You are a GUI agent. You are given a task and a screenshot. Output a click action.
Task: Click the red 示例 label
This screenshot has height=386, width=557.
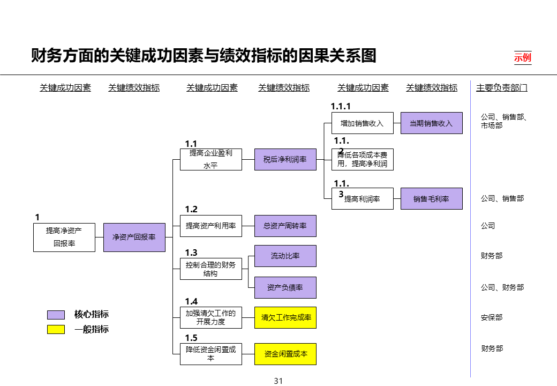click(523, 57)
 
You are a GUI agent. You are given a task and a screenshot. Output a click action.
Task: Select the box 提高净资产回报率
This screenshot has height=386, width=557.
click(64, 237)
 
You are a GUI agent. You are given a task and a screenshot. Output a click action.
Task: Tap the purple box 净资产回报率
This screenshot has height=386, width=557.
click(134, 237)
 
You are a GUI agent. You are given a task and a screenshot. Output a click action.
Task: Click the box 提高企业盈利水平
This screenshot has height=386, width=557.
click(210, 159)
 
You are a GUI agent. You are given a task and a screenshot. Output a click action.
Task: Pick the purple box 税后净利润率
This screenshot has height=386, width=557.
click(285, 159)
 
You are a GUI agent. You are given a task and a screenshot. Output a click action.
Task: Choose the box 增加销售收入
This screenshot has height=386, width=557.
click(362, 123)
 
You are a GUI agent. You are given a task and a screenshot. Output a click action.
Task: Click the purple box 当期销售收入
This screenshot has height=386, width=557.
click(431, 123)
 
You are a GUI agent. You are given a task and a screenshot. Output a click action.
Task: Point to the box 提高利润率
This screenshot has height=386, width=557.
click(362, 198)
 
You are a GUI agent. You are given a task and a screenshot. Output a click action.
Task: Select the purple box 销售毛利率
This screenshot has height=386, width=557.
click(431, 198)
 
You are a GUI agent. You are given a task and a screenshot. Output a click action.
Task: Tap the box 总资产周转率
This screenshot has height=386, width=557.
click(285, 226)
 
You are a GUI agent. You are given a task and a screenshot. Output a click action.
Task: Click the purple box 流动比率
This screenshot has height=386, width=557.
click(285, 256)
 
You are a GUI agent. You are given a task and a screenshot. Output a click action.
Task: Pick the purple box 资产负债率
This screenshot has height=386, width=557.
click(285, 287)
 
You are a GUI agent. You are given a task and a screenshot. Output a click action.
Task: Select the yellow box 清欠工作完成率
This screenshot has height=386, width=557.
click(285, 317)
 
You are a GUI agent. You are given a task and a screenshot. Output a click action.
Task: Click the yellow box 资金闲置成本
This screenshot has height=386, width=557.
click(285, 354)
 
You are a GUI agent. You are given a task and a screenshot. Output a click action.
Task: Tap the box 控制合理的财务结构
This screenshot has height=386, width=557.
click(210, 269)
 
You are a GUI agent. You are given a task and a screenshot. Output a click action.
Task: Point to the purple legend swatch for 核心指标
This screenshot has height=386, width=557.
click(56, 315)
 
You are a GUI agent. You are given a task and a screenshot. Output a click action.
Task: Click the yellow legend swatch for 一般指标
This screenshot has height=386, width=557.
click(56, 329)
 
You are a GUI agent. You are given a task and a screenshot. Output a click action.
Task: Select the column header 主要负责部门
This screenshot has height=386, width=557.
click(501, 88)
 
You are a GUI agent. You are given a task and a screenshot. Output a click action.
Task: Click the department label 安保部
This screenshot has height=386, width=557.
click(492, 317)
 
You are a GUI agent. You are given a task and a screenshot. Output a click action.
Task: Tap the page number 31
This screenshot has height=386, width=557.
click(278, 381)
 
